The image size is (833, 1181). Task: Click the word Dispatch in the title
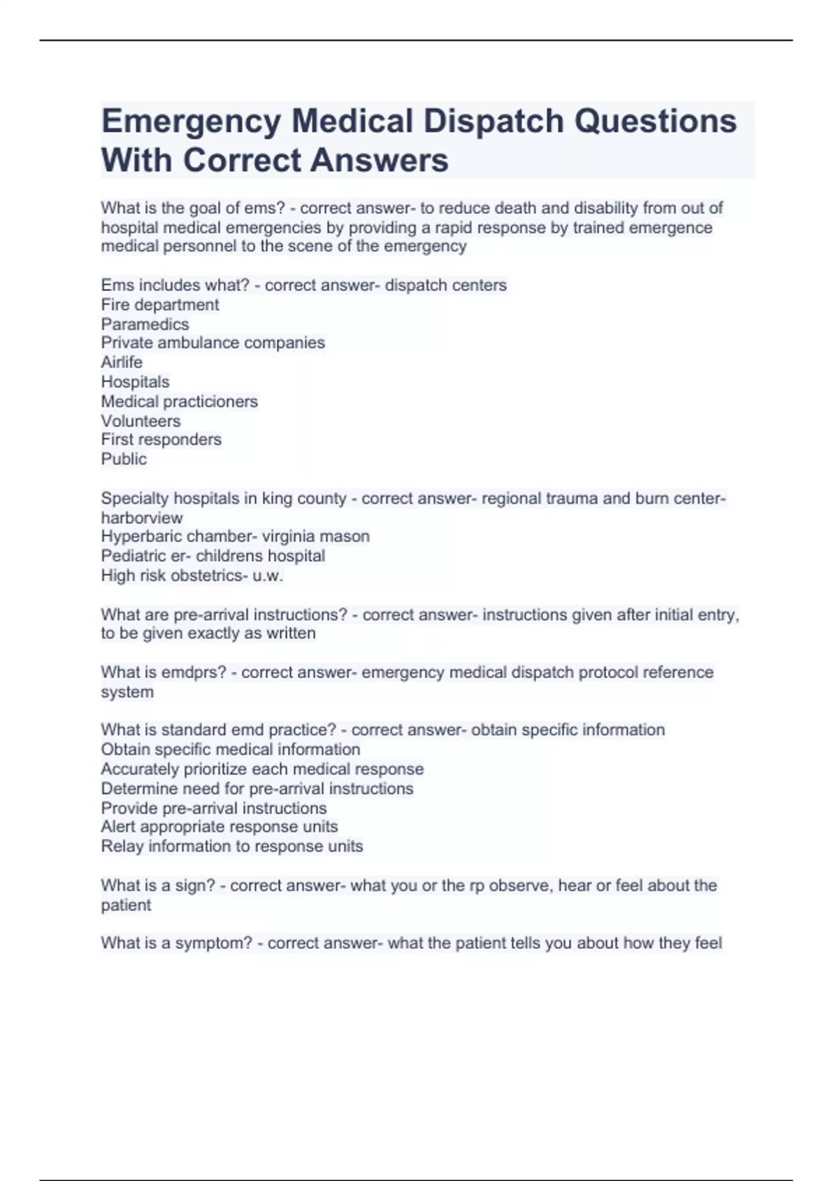(x=494, y=122)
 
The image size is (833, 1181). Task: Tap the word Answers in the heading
(x=379, y=160)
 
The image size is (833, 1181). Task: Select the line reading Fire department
(x=160, y=305)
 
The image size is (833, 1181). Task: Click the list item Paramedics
(x=144, y=324)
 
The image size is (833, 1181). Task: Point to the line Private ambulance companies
(x=212, y=343)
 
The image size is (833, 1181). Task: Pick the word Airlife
(x=121, y=363)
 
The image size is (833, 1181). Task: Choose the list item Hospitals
(x=135, y=382)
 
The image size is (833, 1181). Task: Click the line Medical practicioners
(x=179, y=402)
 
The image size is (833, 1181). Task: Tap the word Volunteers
(x=140, y=421)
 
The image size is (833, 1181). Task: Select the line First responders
(x=161, y=440)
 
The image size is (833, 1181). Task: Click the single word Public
(x=124, y=459)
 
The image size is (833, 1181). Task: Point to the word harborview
(x=142, y=518)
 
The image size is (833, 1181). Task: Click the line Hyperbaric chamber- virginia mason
(x=235, y=536)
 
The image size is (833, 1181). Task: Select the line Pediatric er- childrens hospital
(x=212, y=556)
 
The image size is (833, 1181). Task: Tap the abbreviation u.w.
(x=271, y=575)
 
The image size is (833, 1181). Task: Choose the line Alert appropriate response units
(x=219, y=827)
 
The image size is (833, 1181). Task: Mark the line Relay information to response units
(x=232, y=846)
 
